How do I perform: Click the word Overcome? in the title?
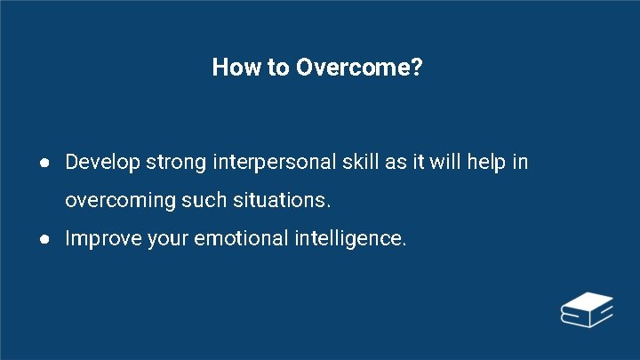click(x=360, y=68)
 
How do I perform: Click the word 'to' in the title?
click(x=276, y=68)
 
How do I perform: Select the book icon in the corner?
click(x=587, y=308)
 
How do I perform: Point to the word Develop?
click(x=102, y=163)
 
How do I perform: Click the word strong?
click(x=176, y=163)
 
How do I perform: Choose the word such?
click(x=204, y=201)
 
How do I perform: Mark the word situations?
click(x=279, y=201)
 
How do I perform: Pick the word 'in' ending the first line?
click(x=519, y=163)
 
